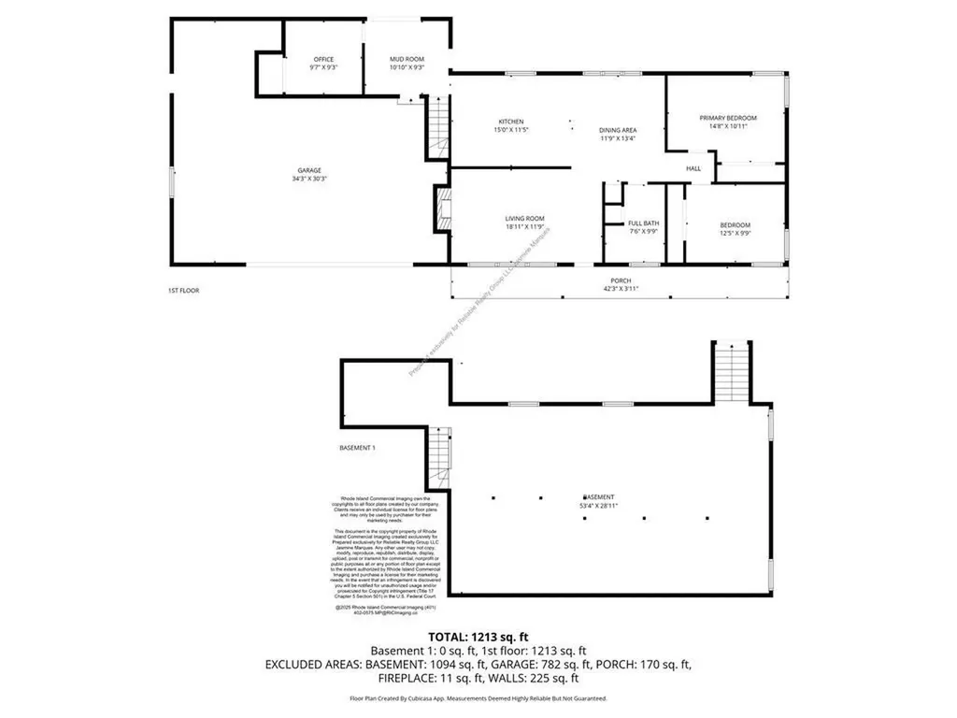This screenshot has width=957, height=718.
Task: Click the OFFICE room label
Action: (x=322, y=64)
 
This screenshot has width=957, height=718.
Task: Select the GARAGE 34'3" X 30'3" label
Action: (x=312, y=174)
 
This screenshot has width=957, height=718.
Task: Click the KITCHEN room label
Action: (x=511, y=126)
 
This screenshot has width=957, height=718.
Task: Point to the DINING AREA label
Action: (x=618, y=134)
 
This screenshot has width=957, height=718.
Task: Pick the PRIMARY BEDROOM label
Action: (x=728, y=122)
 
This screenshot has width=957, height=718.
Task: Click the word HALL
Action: (x=693, y=168)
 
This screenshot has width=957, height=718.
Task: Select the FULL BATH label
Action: (x=644, y=227)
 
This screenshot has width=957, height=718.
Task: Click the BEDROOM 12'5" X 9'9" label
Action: (x=735, y=229)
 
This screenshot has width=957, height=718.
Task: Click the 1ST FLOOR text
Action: (x=177, y=291)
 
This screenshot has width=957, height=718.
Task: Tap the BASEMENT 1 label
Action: (x=357, y=448)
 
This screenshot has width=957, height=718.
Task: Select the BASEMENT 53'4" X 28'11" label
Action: (x=599, y=501)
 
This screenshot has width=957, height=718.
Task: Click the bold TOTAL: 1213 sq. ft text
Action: (x=478, y=635)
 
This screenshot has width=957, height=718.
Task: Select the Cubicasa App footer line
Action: (x=478, y=698)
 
